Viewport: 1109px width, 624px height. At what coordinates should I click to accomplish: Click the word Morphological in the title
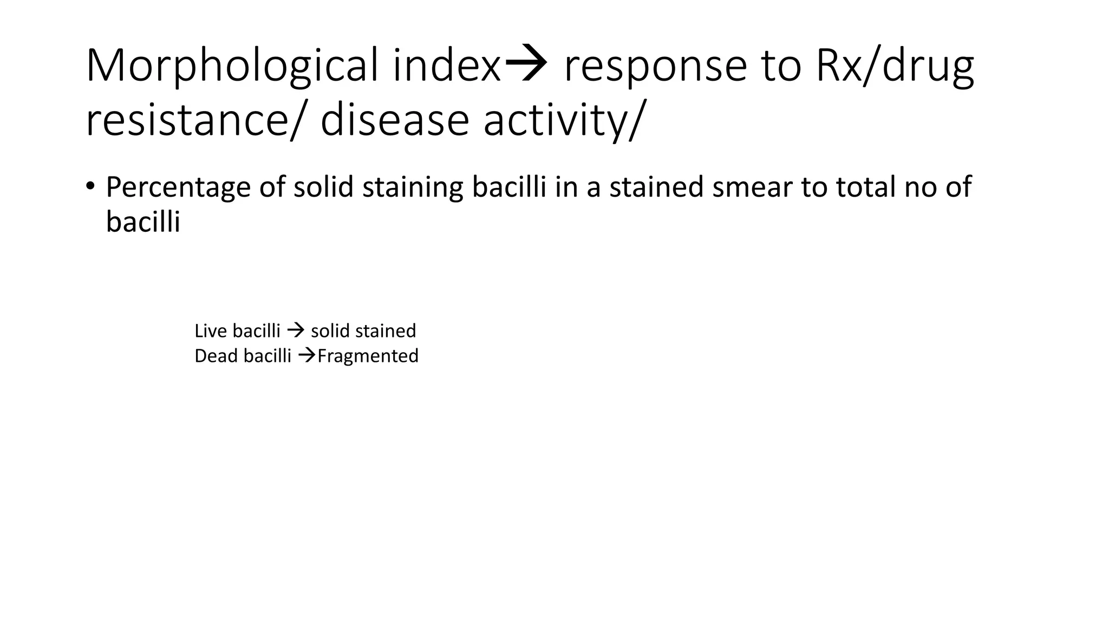tap(232, 67)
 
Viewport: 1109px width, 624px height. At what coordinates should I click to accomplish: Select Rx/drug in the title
tap(895, 67)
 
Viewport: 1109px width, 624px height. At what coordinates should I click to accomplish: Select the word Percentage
tap(178, 188)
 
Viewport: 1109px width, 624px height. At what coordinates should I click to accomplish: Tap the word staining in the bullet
tap(413, 188)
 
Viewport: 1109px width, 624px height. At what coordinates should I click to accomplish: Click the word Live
tap(206, 330)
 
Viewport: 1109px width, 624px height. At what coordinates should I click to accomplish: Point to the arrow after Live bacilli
tap(296, 330)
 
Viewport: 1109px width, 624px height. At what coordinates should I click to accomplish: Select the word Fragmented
tap(368, 356)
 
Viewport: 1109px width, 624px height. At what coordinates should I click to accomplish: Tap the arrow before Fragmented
tap(307, 355)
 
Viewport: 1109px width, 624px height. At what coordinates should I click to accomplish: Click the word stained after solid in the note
tap(386, 330)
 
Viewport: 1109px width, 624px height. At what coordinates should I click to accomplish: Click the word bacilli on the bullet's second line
tap(142, 222)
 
